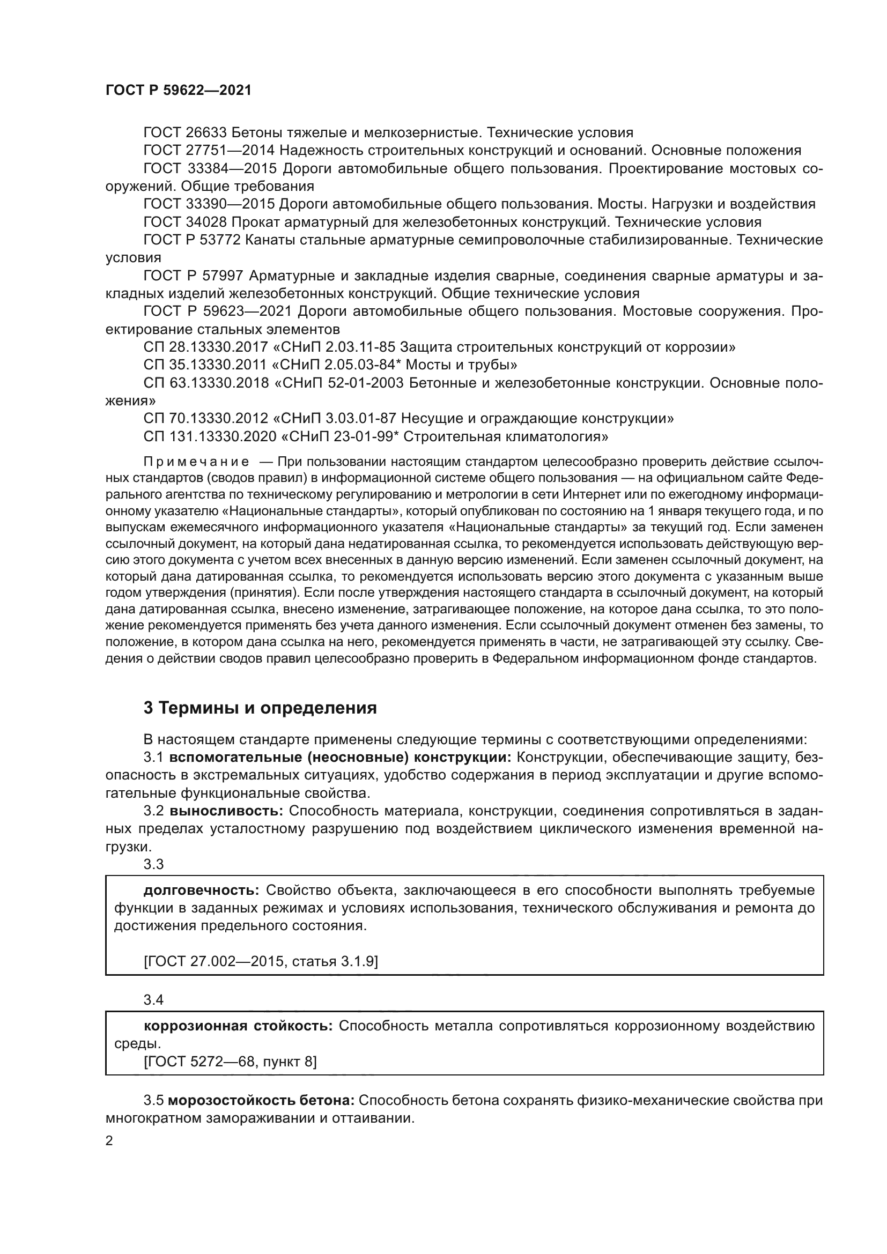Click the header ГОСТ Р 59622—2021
[x=179, y=91]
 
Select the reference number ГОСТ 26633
[x=184, y=133]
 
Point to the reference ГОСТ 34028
[x=184, y=222]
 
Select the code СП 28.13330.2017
[x=206, y=347]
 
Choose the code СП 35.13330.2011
[x=206, y=365]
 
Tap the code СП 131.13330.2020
[x=210, y=437]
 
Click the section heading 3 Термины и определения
[x=260, y=708]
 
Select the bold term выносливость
[x=226, y=812]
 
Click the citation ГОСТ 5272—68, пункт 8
[x=230, y=1062]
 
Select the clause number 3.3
[x=153, y=864]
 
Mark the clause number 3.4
[x=153, y=999]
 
